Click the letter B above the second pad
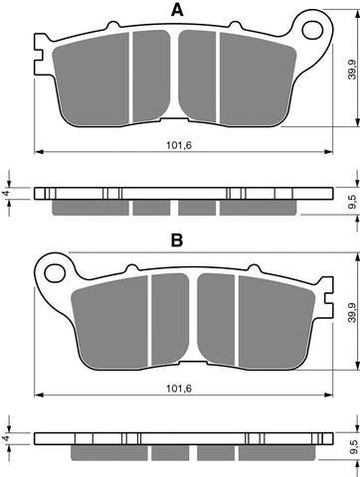pos(176,239)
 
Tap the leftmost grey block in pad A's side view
pos(89,208)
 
